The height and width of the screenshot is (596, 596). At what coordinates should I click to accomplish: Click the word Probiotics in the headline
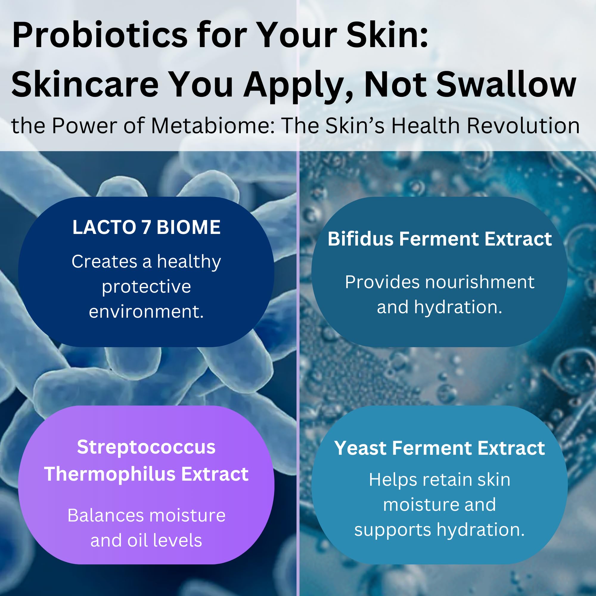click(x=100, y=35)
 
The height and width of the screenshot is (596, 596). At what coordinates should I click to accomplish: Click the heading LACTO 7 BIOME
click(x=147, y=227)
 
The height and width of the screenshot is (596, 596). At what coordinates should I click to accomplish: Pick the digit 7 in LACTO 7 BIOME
click(x=146, y=227)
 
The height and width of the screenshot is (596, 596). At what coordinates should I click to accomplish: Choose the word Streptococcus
click(x=146, y=447)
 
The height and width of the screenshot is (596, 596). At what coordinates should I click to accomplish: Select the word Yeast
click(x=360, y=448)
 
